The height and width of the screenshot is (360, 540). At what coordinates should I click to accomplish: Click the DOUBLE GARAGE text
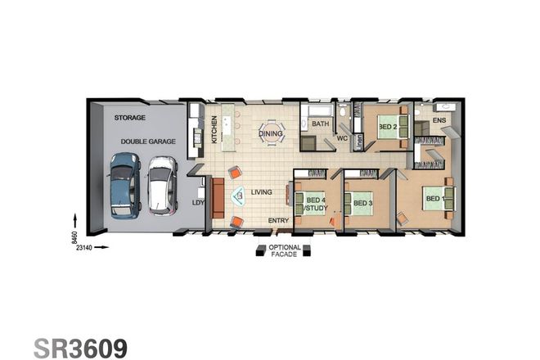(x=148, y=142)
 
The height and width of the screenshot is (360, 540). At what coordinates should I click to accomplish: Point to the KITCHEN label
(x=215, y=129)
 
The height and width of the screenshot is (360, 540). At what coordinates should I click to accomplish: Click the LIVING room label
(x=261, y=191)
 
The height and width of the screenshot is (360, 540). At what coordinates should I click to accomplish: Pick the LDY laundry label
(x=197, y=203)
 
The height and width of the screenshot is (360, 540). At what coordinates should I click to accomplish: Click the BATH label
(x=320, y=124)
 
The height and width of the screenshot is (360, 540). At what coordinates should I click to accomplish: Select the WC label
(x=343, y=139)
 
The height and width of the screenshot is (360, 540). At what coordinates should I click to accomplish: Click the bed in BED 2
(x=389, y=128)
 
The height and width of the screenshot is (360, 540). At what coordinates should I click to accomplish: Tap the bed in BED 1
(x=437, y=198)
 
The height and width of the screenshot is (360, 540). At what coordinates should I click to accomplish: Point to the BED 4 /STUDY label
(x=315, y=203)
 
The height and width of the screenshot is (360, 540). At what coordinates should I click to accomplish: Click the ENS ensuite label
(x=439, y=121)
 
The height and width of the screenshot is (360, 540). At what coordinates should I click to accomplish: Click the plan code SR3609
(x=80, y=347)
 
